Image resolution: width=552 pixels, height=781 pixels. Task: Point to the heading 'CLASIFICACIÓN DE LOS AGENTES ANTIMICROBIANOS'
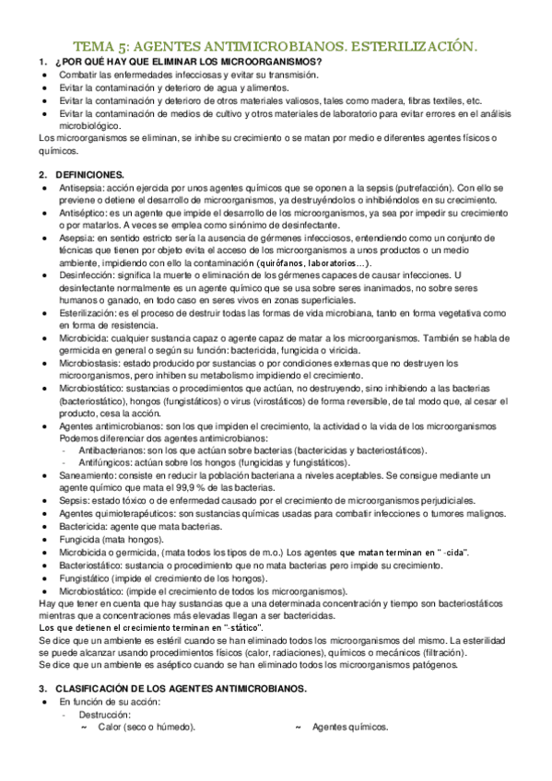[184, 689]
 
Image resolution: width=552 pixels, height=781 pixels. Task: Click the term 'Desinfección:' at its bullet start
[88, 275]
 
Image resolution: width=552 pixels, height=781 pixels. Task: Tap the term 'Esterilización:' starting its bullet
[90, 313]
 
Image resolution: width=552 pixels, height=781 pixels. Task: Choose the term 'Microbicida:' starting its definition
[84, 339]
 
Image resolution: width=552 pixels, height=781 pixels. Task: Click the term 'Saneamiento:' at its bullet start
[88, 474]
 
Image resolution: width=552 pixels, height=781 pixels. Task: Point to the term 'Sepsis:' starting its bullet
[73, 500]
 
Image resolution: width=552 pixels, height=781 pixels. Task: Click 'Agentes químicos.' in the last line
[350, 728]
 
